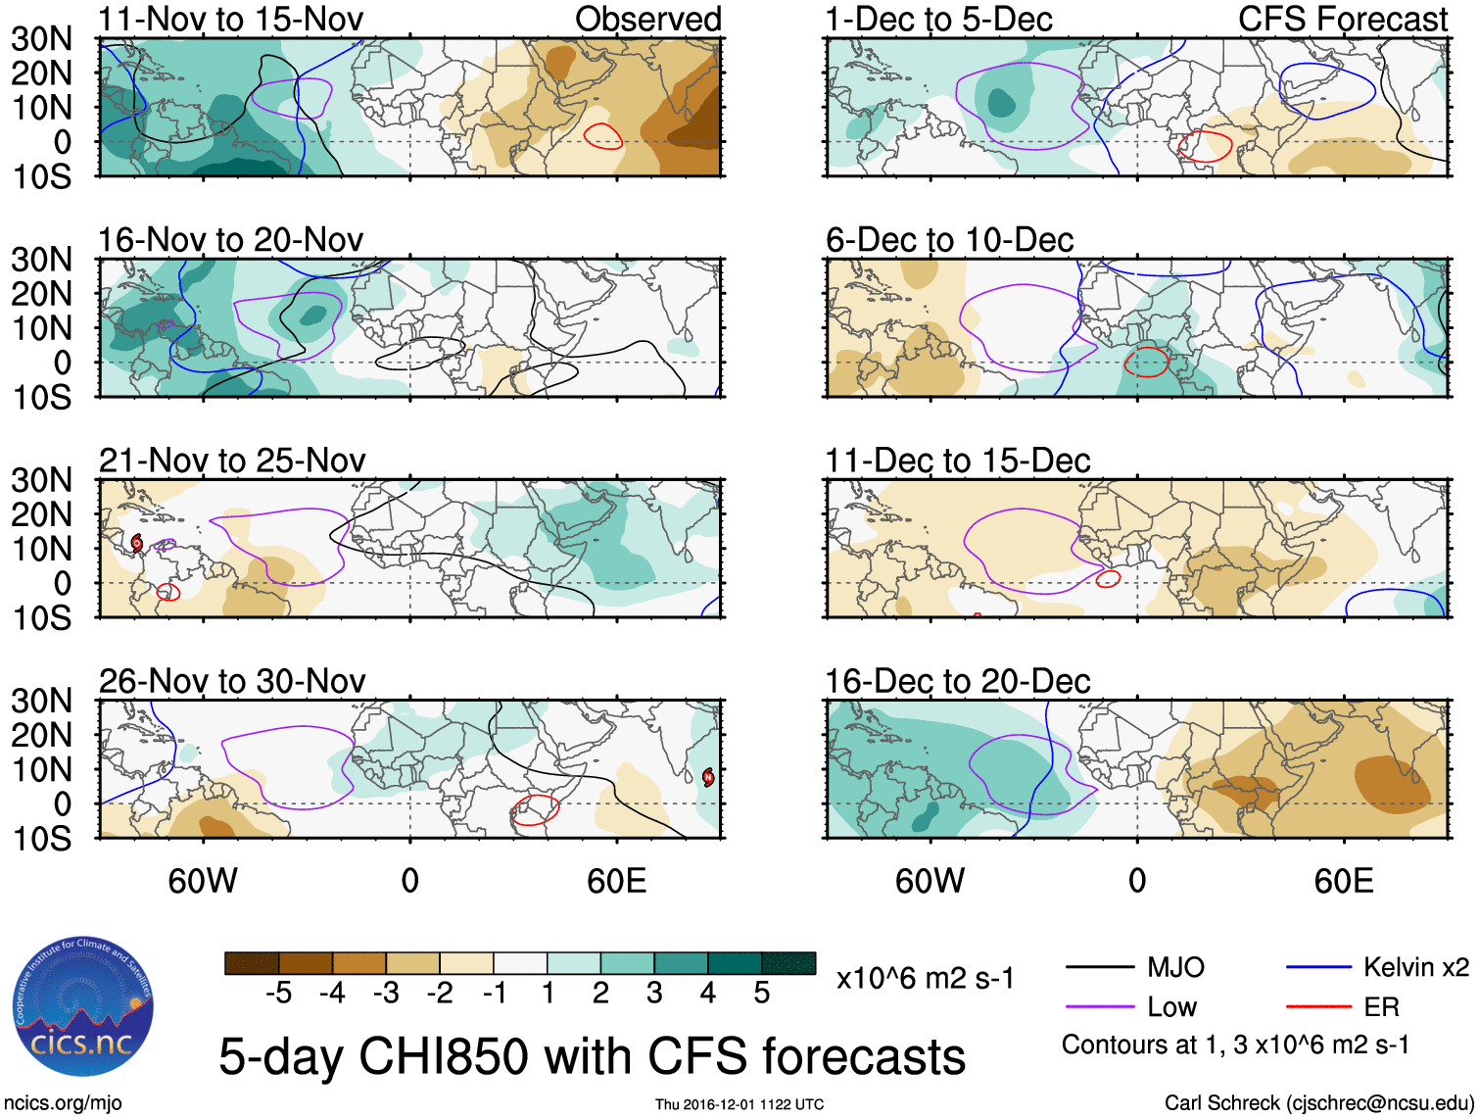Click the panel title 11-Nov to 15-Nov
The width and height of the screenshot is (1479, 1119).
click(x=230, y=19)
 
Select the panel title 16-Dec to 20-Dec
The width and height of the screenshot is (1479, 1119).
click(x=957, y=681)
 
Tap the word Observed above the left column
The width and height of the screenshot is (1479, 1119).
click(x=647, y=19)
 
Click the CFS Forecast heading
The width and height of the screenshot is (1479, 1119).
click(x=1342, y=19)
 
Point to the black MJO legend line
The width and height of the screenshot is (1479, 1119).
click(x=1099, y=968)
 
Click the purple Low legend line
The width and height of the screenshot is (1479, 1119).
click(x=1099, y=1007)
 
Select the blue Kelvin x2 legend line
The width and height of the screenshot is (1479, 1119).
click(x=1318, y=968)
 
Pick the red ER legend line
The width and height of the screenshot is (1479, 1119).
click(x=1318, y=1007)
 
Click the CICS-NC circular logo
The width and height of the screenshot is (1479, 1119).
click(x=82, y=1007)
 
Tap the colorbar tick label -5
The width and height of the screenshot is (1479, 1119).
click(x=278, y=994)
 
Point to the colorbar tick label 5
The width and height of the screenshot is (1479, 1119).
click(x=761, y=994)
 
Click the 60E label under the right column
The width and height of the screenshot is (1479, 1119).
click(x=1343, y=881)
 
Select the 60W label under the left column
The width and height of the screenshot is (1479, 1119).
click(x=203, y=881)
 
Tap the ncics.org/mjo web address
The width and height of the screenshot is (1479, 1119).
click(x=63, y=1102)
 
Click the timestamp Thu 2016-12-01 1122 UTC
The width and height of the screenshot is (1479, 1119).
click(x=739, y=1104)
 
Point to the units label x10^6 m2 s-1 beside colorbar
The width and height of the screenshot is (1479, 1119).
click(x=925, y=978)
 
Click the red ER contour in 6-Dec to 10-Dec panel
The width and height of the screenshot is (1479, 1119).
click(x=1146, y=363)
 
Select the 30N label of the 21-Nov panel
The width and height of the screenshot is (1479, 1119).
click(x=42, y=480)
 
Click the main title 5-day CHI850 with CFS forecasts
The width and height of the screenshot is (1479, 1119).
click(x=592, y=1056)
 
